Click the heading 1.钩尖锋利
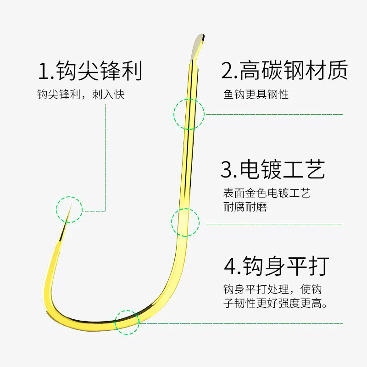(x=90, y=72)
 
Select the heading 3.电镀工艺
(x=272, y=169)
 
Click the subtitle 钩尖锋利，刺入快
(x=81, y=95)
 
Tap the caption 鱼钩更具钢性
(x=256, y=95)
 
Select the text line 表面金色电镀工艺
(x=267, y=193)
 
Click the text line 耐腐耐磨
(x=245, y=207)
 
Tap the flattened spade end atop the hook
(x=199, y=42)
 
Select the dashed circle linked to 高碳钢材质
(x=189, y=113)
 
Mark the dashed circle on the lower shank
(x=185, y=222)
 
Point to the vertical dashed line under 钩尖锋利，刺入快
(x=106, y=156)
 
